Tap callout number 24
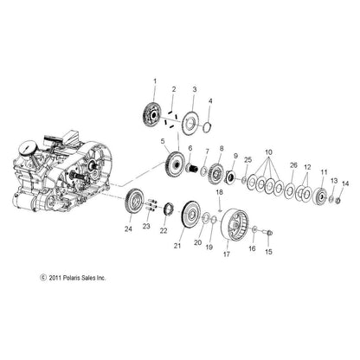tap(128, 254)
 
